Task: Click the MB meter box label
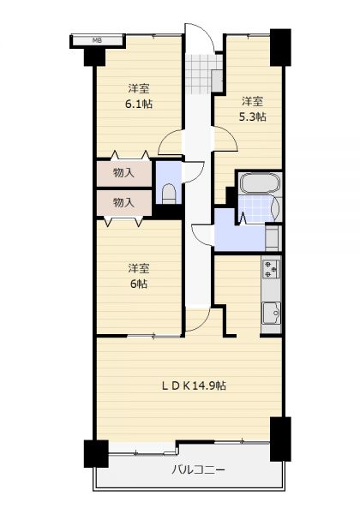tap(97, 40)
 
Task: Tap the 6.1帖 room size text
tap(139, 105)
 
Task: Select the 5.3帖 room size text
tap(253, 117)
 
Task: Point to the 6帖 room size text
tap(139, 284)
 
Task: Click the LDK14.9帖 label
tap(194, 385)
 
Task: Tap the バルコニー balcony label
tap(199, 470)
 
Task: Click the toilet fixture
tap(169, 194)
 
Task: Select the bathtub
tap(260, 183)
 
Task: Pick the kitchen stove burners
tap(271, 269)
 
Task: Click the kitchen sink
tap(272, 313)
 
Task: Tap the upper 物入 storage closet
tap(124, 173)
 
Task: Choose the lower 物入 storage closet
tap(124, 203)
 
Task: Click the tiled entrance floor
tap(201, 74)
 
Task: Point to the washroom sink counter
tap(273, 236)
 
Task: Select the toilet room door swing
tap(194, 171)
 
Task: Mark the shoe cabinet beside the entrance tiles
tap(217, 81)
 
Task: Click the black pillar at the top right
tap(280, 47)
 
